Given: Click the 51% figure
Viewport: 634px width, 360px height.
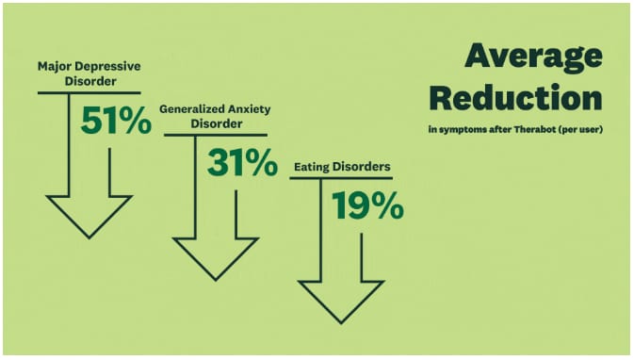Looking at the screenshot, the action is click(x=116, y=120).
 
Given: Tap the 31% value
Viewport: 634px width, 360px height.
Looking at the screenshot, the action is click(x=243, y=163).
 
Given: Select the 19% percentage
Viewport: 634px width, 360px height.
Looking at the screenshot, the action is click(x=368, y=205).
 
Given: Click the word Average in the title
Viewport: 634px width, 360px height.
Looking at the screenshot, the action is click(x=534, y=57).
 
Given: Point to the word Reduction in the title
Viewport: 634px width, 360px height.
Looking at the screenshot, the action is click(x=516, y=97).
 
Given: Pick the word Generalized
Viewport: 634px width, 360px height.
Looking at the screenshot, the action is click(x=191, y=109).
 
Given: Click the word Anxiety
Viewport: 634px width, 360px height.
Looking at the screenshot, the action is click(x=249, y=109).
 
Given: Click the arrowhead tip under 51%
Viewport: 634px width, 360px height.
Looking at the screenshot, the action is click(x=89, y=238).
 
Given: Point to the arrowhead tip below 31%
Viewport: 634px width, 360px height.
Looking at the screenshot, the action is click(x=216, y=280).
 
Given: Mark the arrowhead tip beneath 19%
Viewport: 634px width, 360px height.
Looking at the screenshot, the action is click(x=341, y=323).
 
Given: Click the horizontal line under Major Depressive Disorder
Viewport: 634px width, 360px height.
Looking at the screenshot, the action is click(x=89, y=93).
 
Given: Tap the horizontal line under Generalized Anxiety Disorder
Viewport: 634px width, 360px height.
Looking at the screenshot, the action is click(x=216, y=135).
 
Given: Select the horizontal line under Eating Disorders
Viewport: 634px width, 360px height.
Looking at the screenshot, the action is click(x=341, y=178).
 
